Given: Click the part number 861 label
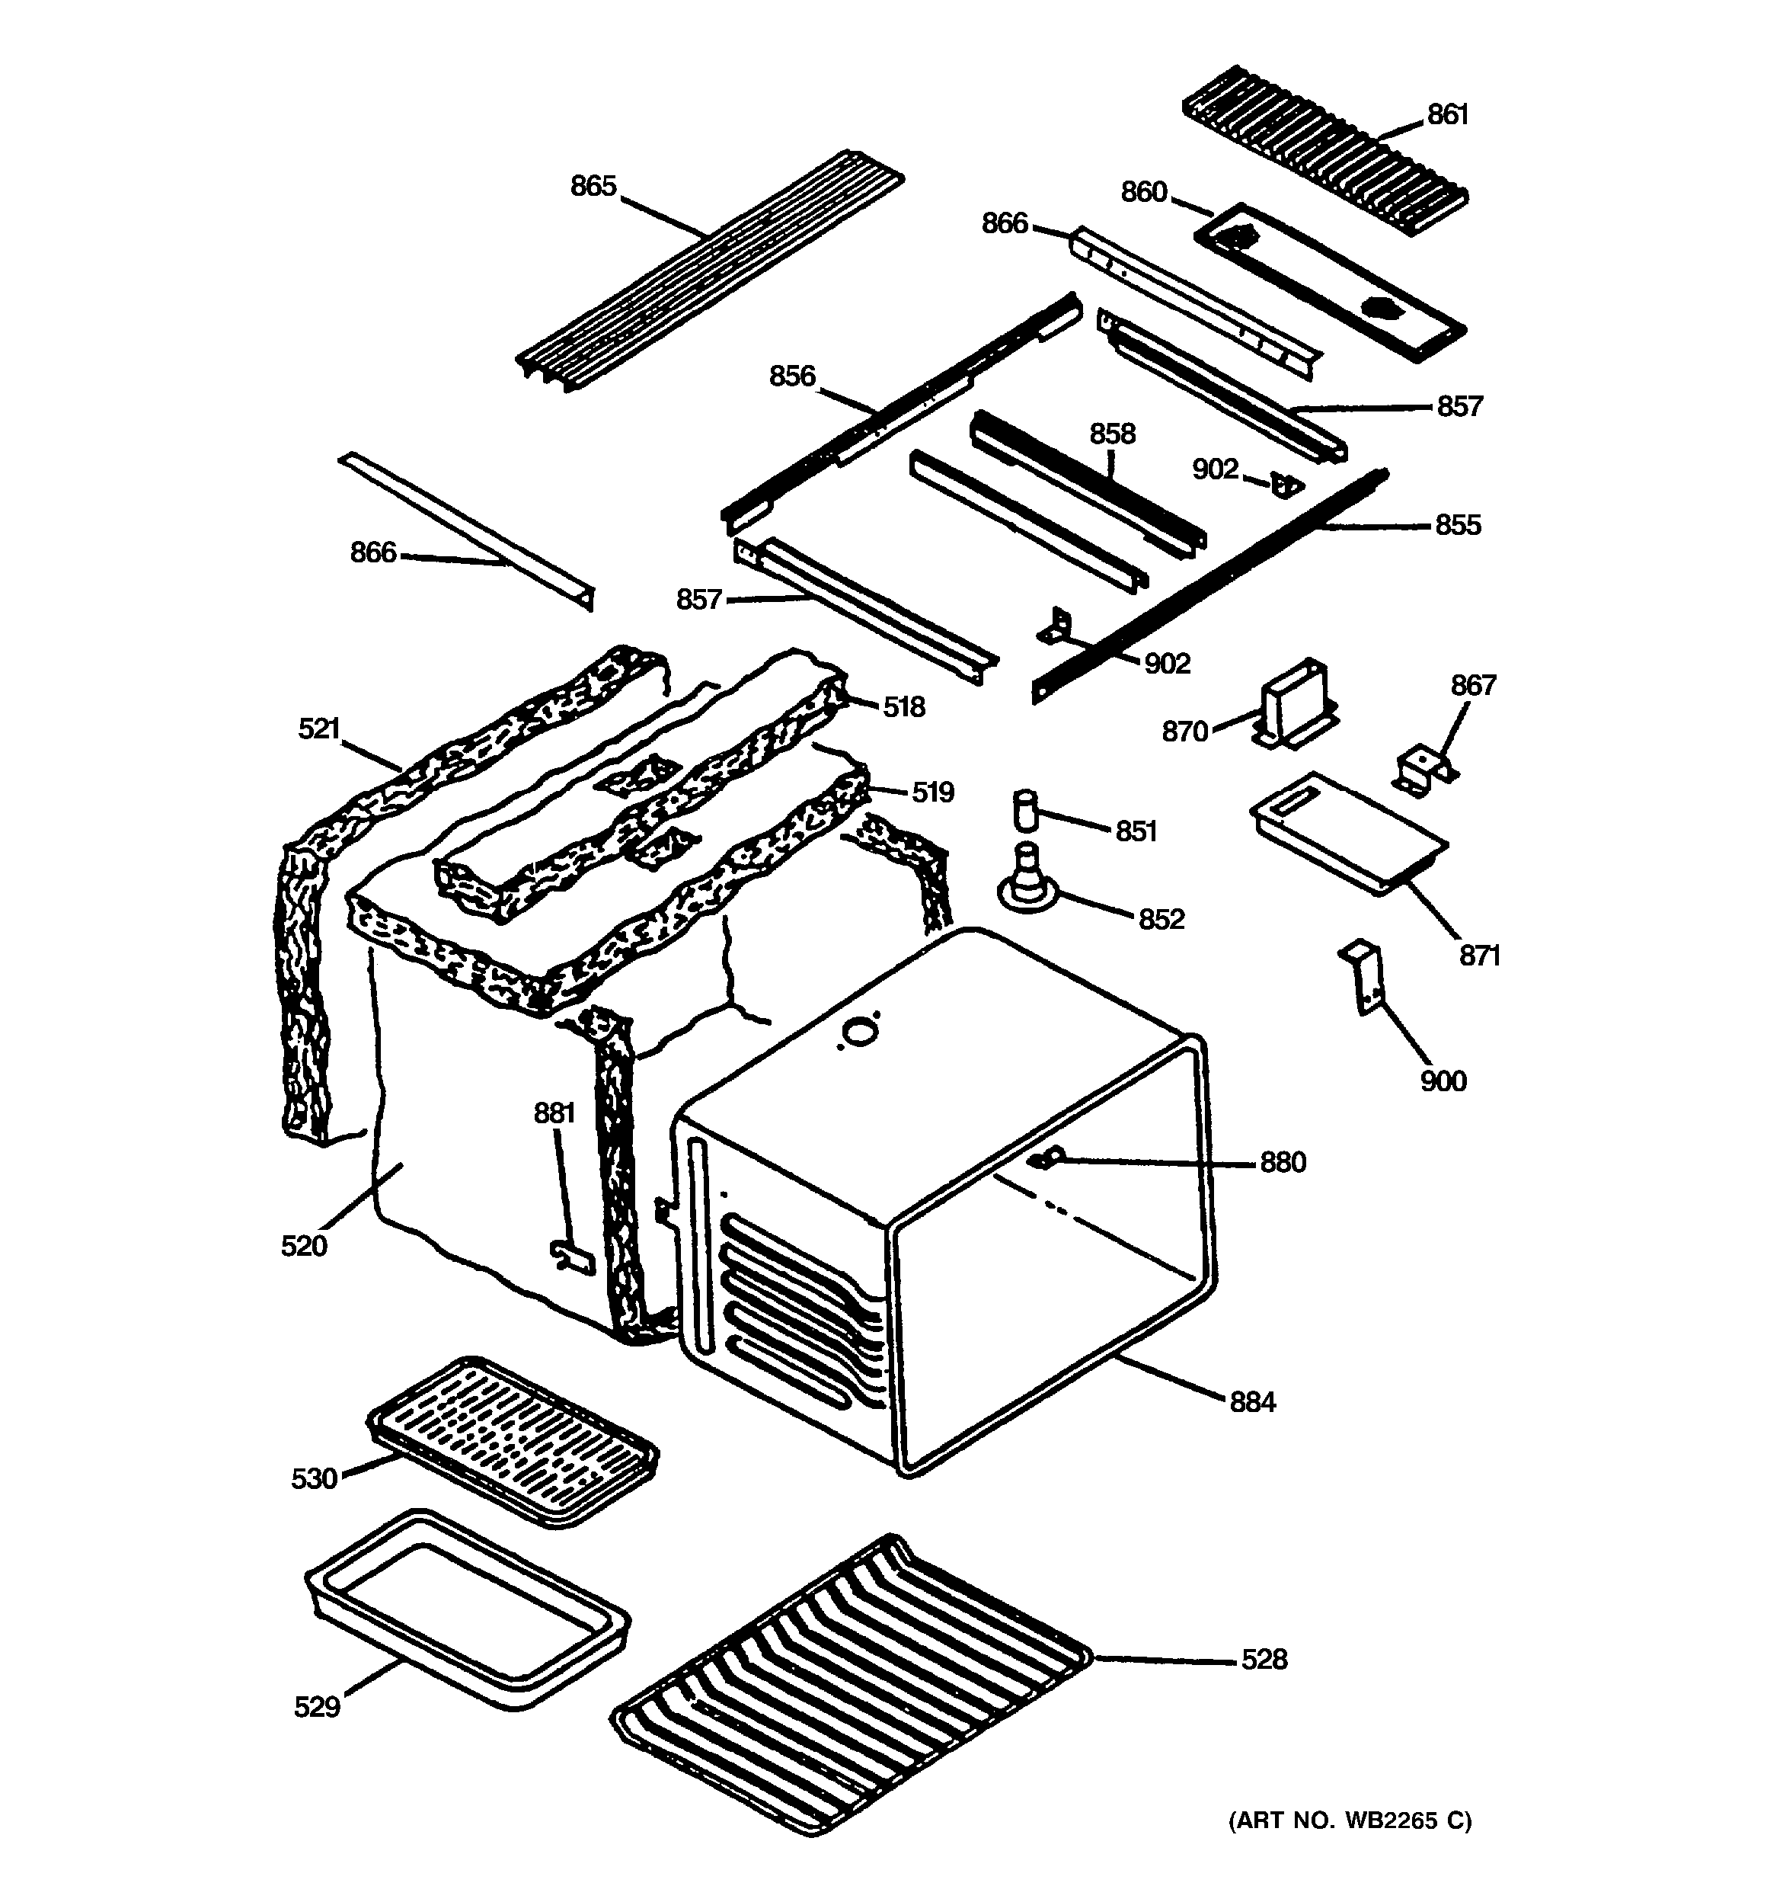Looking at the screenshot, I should click(x=1447, y=115).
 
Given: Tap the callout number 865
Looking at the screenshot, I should click(x=593, y=186).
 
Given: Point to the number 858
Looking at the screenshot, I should click(x=1111, y=434).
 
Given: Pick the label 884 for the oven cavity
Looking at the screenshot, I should click(x=1252, y=1401).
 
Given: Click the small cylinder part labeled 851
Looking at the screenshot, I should click(x=1024, y=809).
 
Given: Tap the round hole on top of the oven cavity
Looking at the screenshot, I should click(x=860, y=1029).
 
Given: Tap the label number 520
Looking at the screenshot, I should click(x=303, y=1244).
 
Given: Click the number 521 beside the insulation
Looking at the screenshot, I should click(x=318, y=728).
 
